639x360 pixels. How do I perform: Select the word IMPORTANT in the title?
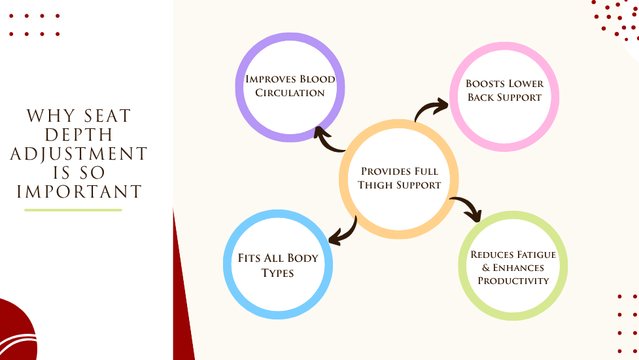pyautogui.click(x=79, y=192)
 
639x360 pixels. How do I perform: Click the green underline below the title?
pyautogui.click(x=73, y=210)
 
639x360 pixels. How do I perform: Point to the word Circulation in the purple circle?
pyautogui.click(x=290, y=93)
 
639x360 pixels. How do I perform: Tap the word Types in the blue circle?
pyautogui.click(x=277, y=272)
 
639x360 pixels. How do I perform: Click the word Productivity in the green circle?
pyautogui.click(x=513, y=281)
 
